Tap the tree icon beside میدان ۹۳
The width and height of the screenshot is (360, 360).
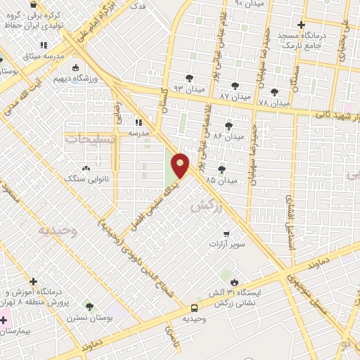pos(189,78)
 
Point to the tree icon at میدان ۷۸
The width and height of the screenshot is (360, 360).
pos(274,91)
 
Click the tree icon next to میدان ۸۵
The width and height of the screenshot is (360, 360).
pos(222,169)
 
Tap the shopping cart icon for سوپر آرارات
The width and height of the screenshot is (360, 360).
pos(225,234)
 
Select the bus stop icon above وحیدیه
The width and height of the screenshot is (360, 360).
pos(194,307)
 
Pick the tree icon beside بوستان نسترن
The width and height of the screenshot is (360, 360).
pos(89,306)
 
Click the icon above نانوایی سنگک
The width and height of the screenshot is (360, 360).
pos(86,168)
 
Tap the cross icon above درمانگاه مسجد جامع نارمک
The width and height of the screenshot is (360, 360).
pos(301,25)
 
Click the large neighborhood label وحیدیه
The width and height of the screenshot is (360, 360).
pos(56,230)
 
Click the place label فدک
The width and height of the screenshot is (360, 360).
pos(139,6)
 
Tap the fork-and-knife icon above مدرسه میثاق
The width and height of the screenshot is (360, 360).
pos(45,46)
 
